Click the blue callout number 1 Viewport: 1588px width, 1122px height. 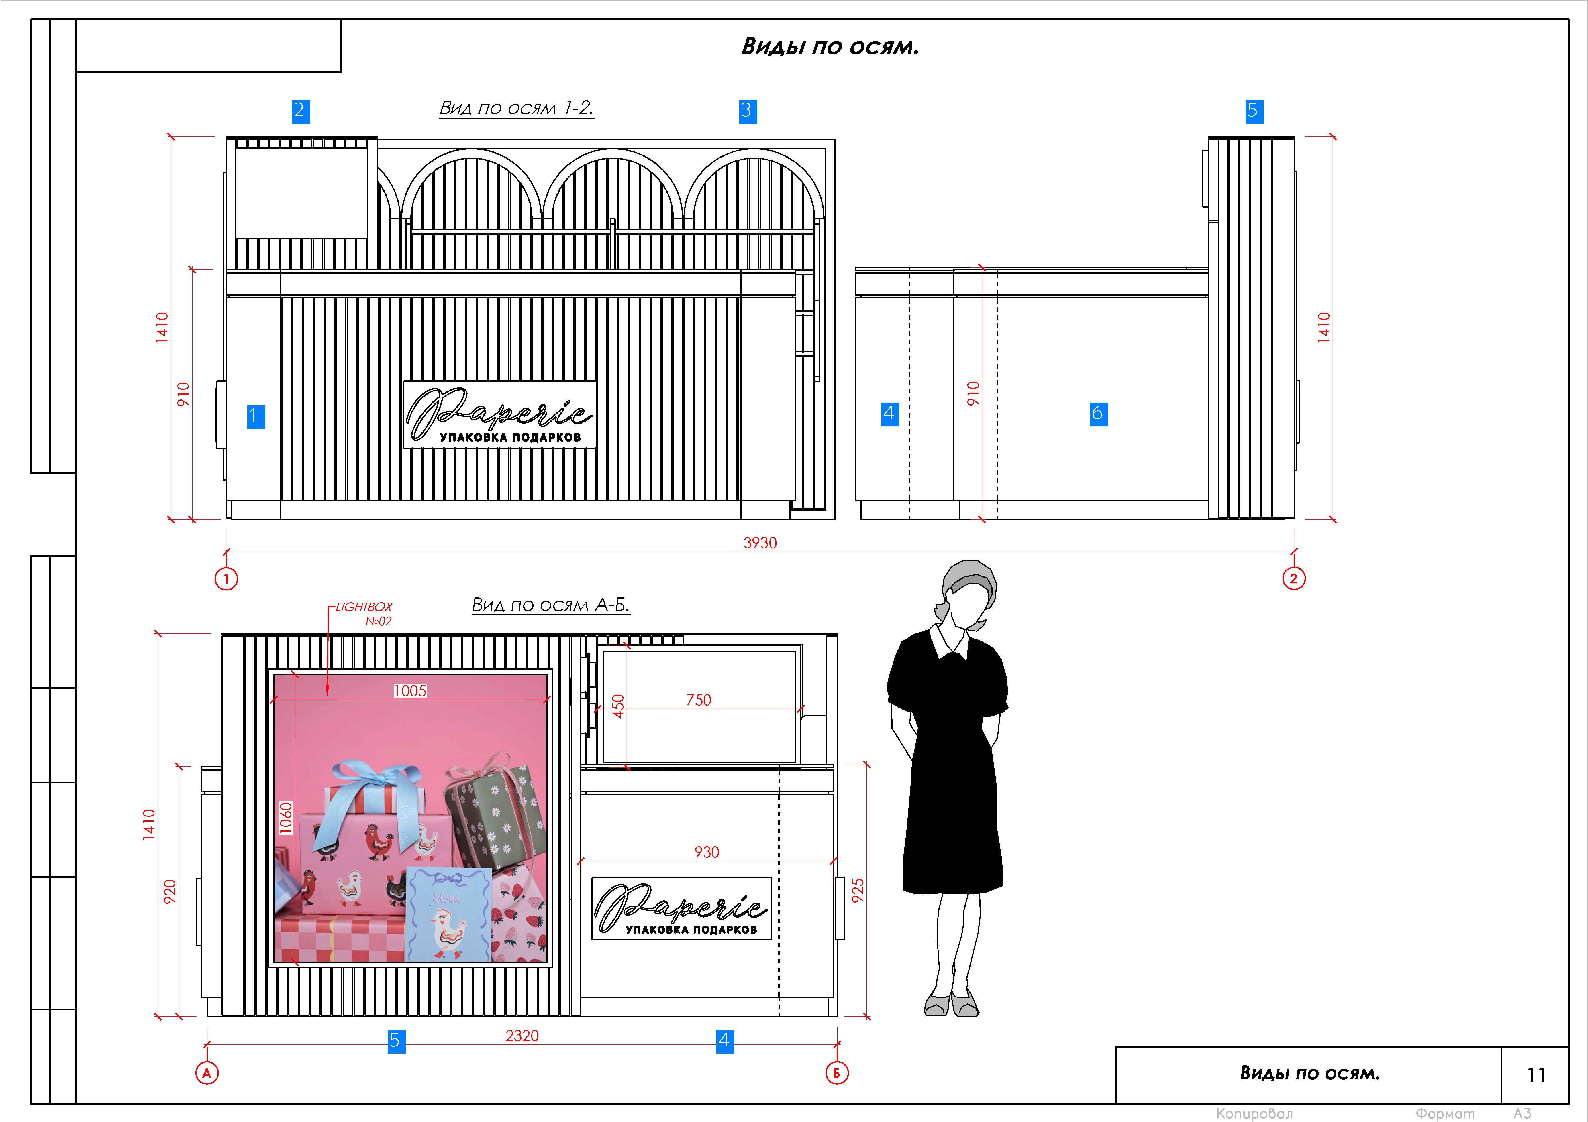coord(256,416)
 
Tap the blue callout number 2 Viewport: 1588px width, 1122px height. coord(299,111)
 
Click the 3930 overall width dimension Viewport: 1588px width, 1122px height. coord(760,543)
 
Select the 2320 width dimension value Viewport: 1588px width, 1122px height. coord(522,1036)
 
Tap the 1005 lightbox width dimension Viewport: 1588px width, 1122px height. coord(410,691)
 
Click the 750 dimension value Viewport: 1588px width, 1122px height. coord(699,700)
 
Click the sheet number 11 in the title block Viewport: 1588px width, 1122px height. coord(1536,1074)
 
